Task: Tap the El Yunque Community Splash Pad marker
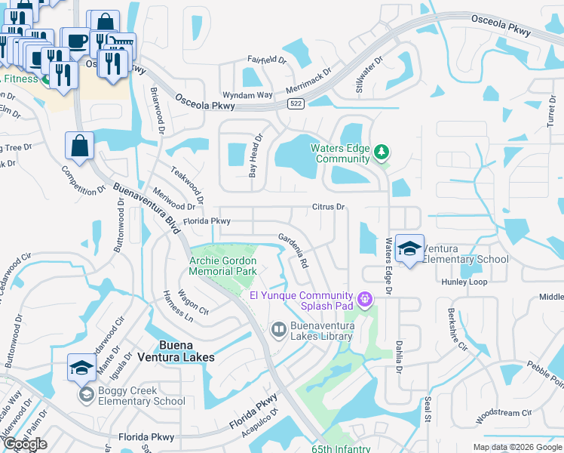(x=366, y=300)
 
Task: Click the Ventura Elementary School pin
(x=409, y=249)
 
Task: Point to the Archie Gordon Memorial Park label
(x=222, y=265)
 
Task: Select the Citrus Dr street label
(x=329, y=206)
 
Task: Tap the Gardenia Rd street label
(x=294, y=251)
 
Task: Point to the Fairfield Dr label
(x=268, y=59)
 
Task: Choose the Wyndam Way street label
(x=252, y=95)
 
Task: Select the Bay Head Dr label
(x=256, y=156)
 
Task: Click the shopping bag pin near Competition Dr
(x=80, y=147)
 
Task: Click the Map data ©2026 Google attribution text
(x=516, y=447)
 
